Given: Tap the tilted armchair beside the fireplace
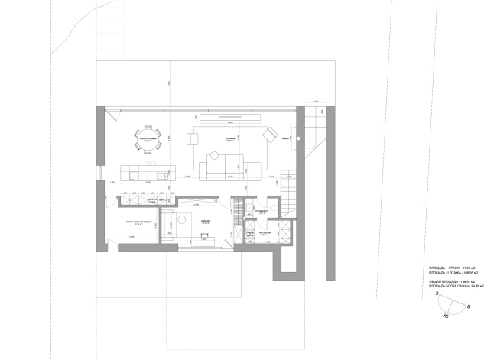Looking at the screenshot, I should [268, 135].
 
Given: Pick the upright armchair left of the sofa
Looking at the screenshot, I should [192, 138].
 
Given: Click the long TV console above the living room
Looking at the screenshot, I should [230, 117].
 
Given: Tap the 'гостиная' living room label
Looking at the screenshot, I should [229, 139].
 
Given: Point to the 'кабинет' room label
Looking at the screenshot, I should [205, 220].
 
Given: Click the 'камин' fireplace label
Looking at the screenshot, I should [284, 138].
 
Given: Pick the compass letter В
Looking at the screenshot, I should [467, 306].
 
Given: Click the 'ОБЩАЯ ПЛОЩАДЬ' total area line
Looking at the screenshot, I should [452, 282].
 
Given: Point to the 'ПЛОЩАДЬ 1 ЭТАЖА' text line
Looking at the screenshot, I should [451, 268].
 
